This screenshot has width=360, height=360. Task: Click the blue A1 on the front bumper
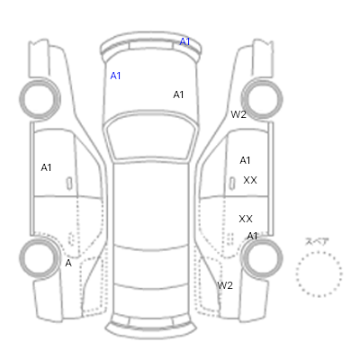coord(184,41)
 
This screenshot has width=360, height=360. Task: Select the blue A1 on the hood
coord(115,76)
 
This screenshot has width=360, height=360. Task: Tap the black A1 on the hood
coord(178,94)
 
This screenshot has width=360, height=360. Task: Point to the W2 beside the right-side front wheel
coord(238,114)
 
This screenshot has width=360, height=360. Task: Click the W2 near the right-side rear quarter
coord(225,285)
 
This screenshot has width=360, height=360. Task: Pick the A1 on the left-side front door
coord(46,167)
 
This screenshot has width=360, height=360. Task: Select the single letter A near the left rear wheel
coord(68,263)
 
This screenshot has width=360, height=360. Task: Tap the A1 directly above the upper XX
coord(245,161)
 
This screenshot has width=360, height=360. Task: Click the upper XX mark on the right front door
coord(250,180)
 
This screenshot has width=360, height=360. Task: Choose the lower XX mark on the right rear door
coord(246,219)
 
